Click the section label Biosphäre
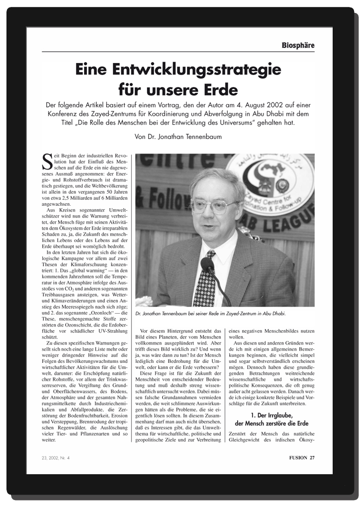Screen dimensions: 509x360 298,45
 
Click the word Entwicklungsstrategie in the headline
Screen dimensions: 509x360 178,69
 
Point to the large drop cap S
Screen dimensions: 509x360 47,161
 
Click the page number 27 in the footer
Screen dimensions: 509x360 311,458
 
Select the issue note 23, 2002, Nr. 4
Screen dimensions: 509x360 56,458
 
